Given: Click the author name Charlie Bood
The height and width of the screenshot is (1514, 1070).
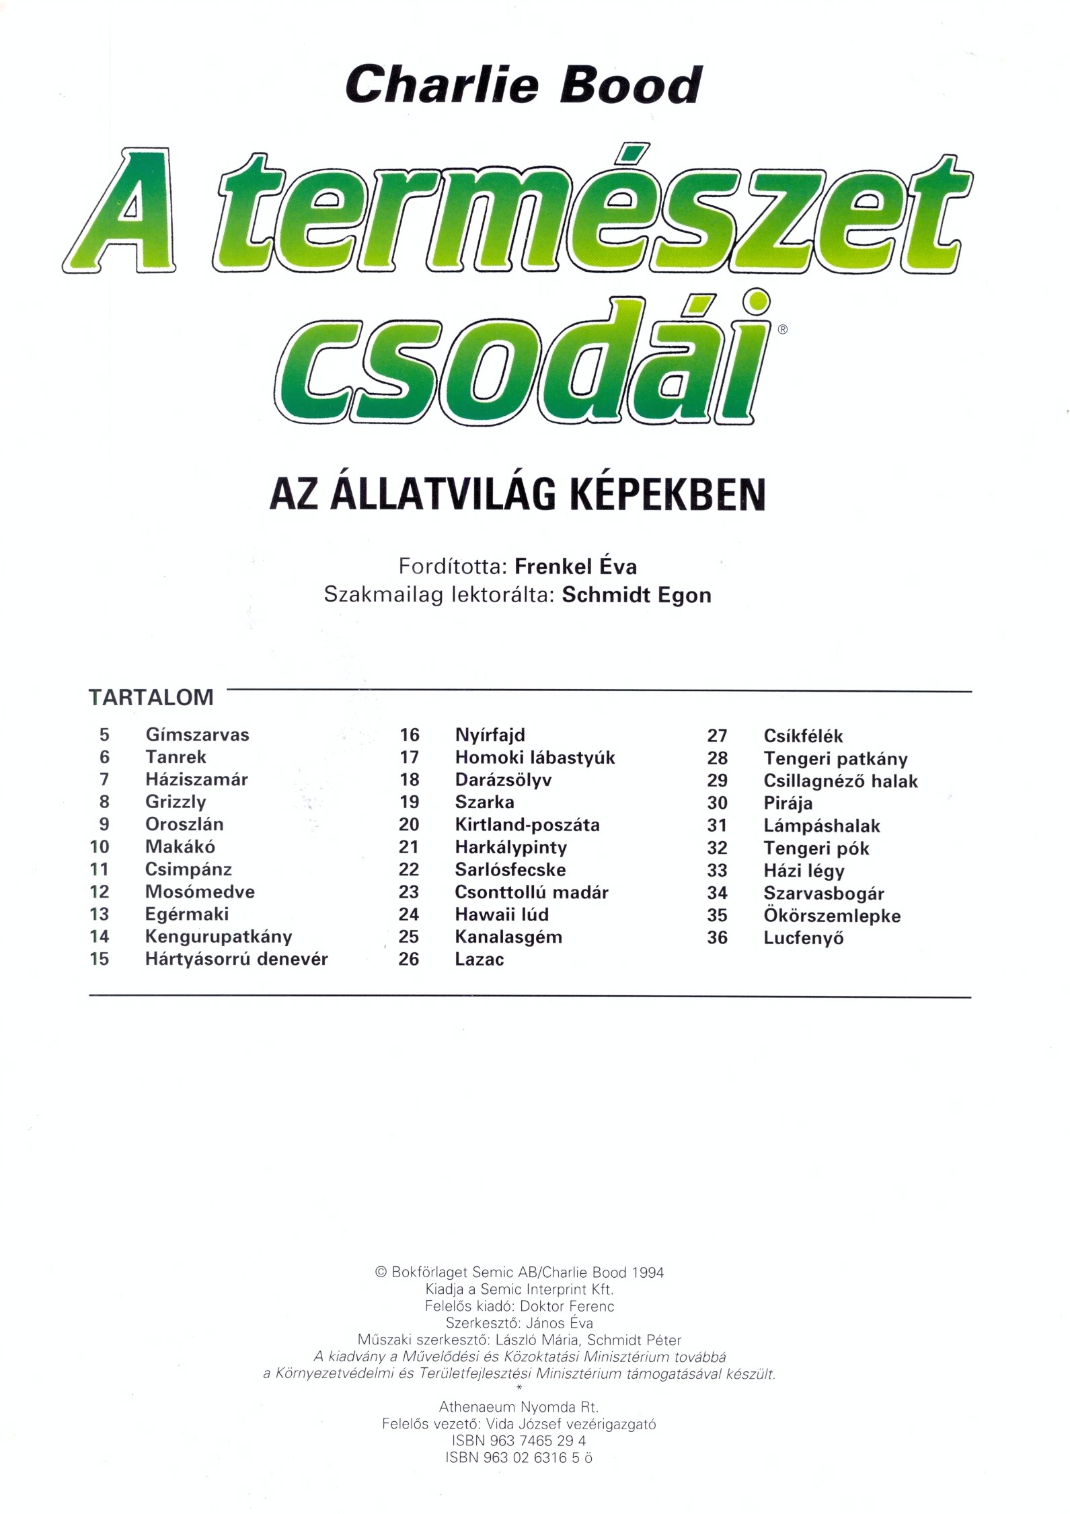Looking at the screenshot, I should pyautogui.click(x=523, y=85).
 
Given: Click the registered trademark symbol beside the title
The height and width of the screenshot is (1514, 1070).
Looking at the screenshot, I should pyautogui.click(x=781, y=330).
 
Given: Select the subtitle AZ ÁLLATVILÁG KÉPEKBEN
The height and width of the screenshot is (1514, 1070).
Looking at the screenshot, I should pyautogui.click(x=517, y=495).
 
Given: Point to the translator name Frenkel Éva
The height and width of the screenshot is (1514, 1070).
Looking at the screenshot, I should pyautogui.click(x=576, y=566).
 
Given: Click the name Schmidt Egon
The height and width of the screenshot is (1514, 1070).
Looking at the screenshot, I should pyautogui.click(x=636, y=596).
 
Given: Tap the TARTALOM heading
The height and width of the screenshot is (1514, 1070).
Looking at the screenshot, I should pyautogui.click(x=151, y=697).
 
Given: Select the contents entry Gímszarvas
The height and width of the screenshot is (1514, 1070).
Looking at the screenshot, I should pyautogui.click(x=197, y=734).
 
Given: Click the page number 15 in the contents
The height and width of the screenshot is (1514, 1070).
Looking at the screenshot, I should pyautogui.click(x=99, y=959).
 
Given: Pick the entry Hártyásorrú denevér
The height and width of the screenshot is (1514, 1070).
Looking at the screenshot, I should pyautogui.click(x=236, y=959).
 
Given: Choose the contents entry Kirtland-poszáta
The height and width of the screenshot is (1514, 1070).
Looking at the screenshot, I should pyautogui.click(x=527, y=824).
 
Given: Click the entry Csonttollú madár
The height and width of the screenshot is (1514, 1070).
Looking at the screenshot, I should pyautogui.click(x=531, y=892).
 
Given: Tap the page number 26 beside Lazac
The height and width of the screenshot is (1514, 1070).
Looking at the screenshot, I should pyautogui.click(x=408, y=959).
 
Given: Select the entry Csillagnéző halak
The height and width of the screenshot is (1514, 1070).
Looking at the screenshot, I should pyautogui.click(x=840, y=781).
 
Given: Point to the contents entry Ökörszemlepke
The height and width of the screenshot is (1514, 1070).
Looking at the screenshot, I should pyautogui.click(x=832, y=916).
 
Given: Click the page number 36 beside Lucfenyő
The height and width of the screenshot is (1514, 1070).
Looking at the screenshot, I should pyautogui.click(x=717, y=937).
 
